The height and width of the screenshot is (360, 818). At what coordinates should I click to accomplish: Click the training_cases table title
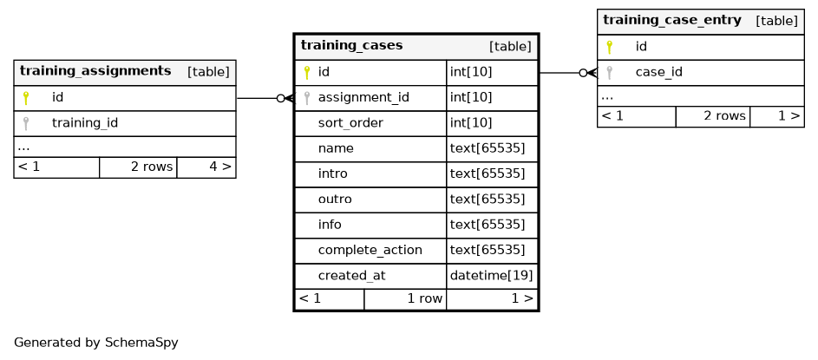(x=351, y=45)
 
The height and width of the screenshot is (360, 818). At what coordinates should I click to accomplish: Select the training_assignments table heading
(x=95, y=71)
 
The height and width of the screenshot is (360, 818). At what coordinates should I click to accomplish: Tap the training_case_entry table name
(x=672, y=20)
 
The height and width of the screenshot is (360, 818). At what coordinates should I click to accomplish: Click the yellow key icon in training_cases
(x=307, y=73)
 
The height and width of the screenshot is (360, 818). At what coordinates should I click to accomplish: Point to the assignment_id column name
(x=363, y=97)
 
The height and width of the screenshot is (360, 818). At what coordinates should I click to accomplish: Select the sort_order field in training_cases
(x=350, y=123)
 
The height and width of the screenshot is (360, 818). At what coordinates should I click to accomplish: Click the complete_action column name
(x=370, y=251)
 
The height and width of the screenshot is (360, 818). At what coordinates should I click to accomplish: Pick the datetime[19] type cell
(x=491, y=276)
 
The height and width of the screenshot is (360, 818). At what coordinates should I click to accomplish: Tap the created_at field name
(x=351, y=276)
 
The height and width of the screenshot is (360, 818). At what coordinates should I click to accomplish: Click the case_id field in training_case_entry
(x=659, y=73)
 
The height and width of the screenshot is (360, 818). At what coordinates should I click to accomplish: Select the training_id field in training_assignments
(x=84, y=123)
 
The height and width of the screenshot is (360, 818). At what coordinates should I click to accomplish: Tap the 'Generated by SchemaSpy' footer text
(x=96, y=343)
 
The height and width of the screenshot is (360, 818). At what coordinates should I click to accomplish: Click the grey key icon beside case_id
(x=609, y=73)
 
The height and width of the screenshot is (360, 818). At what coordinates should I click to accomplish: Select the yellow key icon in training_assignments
(x=25, y=97)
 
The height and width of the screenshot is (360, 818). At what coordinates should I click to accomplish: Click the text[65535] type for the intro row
(x=488, y=173)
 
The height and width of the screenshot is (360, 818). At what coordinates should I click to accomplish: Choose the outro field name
(x=335, y=200)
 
